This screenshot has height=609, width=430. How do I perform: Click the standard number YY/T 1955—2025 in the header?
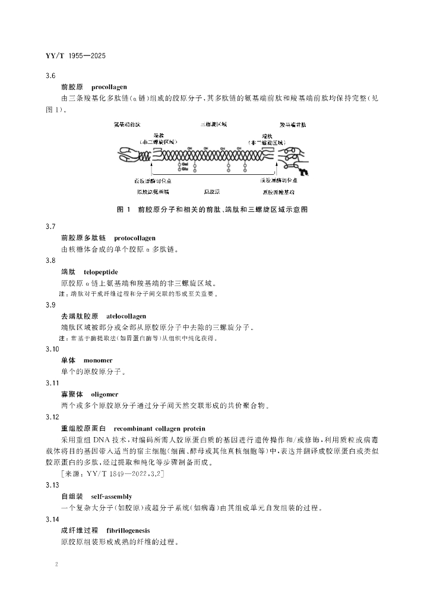click(x=75, y=56)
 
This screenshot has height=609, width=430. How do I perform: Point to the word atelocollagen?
click(x=126, y=316)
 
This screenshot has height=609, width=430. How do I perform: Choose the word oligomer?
click(x=105, y=394)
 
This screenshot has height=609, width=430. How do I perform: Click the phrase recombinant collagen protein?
click(x=159, y=428)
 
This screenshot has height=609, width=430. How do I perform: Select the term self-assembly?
click(x=112, y=496)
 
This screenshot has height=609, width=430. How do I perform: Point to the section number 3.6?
click(x=50, y=76)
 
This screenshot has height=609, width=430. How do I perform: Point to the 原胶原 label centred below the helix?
click(x=213, y=192)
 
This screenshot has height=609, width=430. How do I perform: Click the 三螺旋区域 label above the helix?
click(x=213, y=125)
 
